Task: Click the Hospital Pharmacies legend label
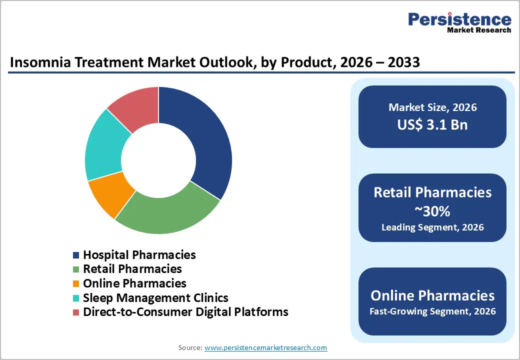point(139,254)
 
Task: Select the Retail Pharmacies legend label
point(132,269)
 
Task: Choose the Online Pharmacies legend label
point(134,283)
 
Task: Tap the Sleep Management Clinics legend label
point(155,297)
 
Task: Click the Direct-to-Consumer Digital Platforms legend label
point(185,312)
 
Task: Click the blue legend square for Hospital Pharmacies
point(76,255)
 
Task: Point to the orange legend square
point(76,283)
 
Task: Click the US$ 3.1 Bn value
point(432,124)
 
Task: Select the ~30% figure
point(432,211)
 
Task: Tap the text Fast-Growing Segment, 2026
point(432,311)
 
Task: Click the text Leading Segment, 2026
point(432,227)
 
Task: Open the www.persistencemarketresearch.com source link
point(265,347)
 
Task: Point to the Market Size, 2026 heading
point(432,107)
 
